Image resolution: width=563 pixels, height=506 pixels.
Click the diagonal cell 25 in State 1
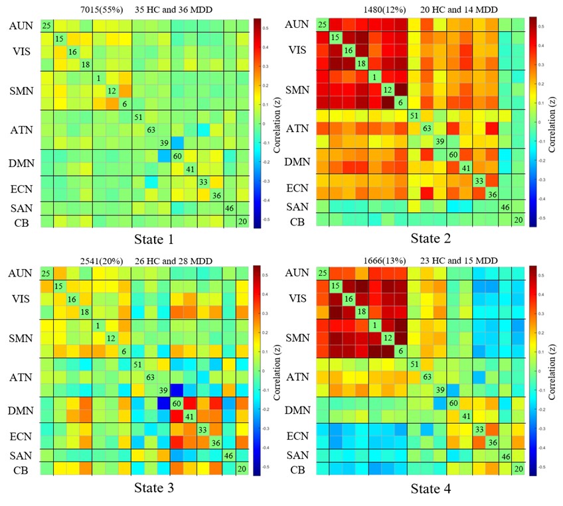(x=46, y=26)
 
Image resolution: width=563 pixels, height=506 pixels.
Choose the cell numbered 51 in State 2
(x=414, y=116)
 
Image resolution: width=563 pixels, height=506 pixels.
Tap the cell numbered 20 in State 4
(x=518, y=469)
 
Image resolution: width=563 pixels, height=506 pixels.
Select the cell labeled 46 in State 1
(x=230, y=208)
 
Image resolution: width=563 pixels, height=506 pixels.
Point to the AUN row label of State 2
(x=296, y=25)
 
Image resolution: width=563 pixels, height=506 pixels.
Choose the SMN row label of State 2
(x=296, y=90)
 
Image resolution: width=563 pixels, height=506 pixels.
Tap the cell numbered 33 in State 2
(x=478, y=180)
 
